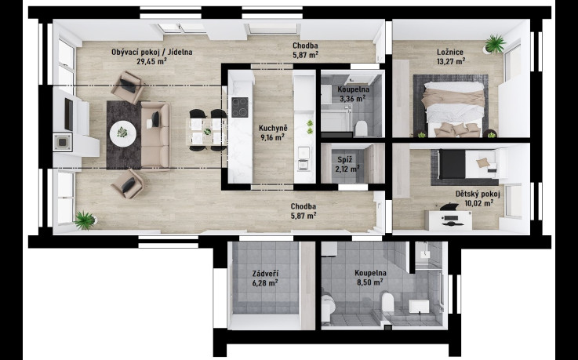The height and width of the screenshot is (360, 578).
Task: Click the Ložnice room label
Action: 449,53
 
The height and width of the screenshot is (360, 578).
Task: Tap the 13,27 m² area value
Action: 450,61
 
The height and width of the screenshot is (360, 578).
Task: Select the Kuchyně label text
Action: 273,128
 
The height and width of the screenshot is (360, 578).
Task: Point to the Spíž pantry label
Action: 345,160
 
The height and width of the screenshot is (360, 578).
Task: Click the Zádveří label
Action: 265,274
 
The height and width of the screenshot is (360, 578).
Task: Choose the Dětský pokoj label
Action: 478,195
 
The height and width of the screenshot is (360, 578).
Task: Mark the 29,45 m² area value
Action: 151,61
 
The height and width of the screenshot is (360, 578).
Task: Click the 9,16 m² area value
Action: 272,137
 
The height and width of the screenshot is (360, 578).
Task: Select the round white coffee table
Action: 123,133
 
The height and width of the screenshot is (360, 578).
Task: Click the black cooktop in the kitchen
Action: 240,107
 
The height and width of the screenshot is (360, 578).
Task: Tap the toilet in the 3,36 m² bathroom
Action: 362,129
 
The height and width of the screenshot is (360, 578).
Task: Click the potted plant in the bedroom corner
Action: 495,44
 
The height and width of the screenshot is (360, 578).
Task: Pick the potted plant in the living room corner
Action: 85,220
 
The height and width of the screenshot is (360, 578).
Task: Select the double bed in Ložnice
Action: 454,109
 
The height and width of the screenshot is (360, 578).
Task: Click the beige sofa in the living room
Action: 155,135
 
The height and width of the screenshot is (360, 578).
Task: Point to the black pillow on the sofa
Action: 156,119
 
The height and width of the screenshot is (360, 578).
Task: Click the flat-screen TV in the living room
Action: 69,115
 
